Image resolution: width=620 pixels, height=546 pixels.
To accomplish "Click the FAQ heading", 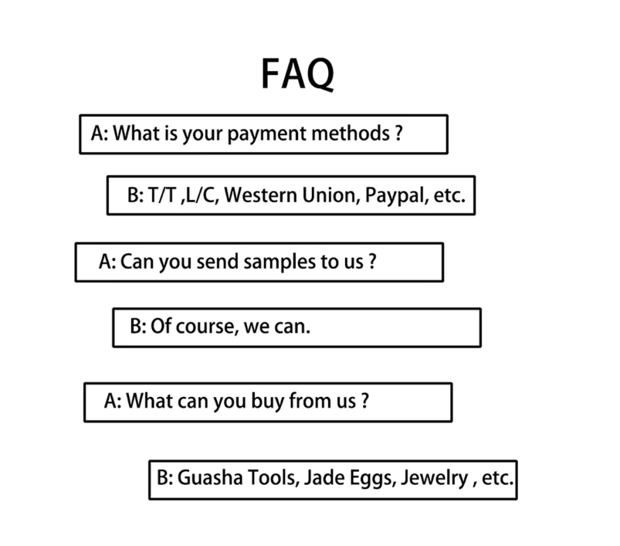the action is coord(297,74).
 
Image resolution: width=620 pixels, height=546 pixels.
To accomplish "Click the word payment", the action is coord(267,134).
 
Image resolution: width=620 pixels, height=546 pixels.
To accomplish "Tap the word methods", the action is coord(351,133).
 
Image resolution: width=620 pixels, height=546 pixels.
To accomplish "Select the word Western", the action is coord(260,195).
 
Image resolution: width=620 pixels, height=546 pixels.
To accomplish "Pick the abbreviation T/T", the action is coord(161,195).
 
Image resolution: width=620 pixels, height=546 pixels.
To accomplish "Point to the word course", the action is coord(207,327).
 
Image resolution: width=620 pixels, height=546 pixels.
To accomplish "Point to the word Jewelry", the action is coord(435,478).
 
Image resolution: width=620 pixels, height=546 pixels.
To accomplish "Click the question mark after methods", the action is coord(398,134).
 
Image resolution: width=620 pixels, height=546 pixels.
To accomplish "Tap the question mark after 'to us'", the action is coord(372,261).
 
